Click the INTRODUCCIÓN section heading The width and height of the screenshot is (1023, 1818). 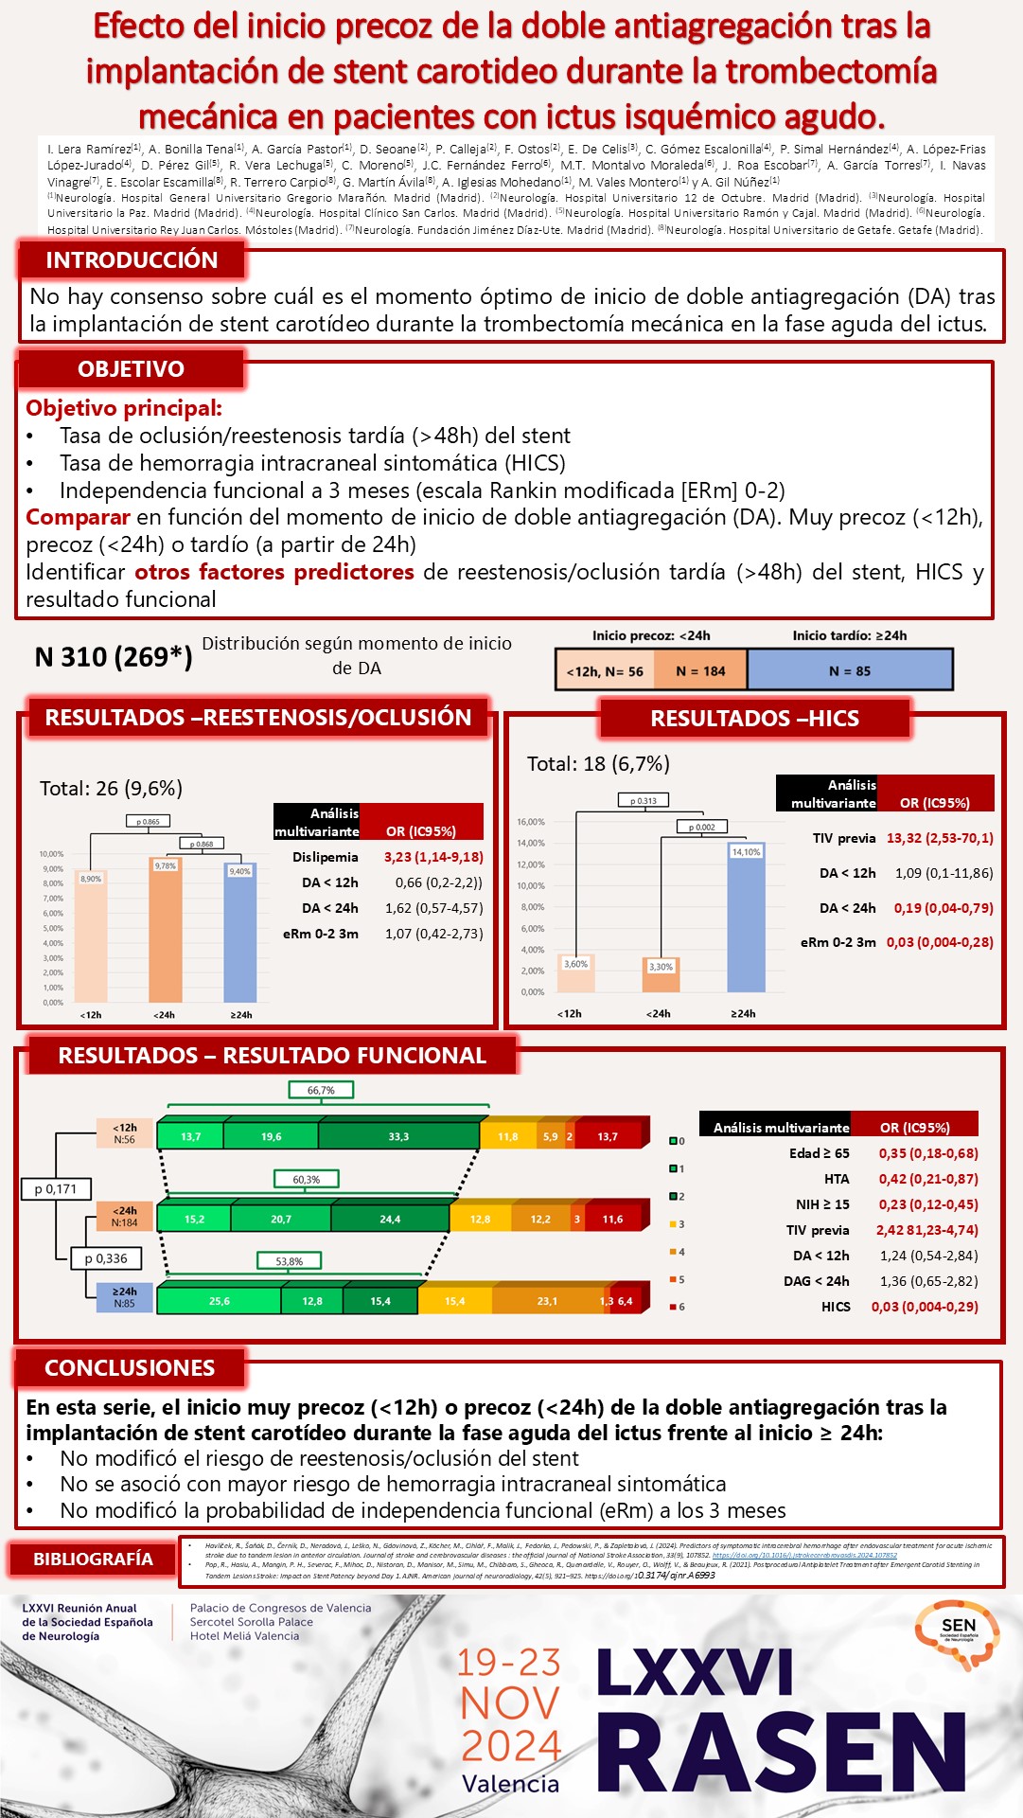(132, 259)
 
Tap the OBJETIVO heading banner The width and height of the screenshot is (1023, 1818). (131, 369)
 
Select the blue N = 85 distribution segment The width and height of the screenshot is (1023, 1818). (850, 670)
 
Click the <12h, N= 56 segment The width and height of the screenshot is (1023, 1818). (605, 671)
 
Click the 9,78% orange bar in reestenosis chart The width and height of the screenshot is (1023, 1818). (166, 933)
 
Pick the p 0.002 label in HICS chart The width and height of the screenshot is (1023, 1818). (701, 827)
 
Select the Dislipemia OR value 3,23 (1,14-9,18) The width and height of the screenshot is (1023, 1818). (433, 857)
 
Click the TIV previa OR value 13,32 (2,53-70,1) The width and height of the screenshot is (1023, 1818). (940, 838)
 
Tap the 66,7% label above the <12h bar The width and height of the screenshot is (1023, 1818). (321, 1090)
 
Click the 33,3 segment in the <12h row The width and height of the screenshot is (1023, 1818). (398, 1136)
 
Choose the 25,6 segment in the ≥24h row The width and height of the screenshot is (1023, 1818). (219, 1301)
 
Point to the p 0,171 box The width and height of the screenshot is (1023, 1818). (55, 1189)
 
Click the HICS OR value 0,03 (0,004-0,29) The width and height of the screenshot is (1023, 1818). (925, 1307)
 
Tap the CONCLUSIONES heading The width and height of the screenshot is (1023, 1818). (130, 1368)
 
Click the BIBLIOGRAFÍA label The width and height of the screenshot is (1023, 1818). (93, 1559)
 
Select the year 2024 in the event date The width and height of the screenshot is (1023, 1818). (511, 1745)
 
